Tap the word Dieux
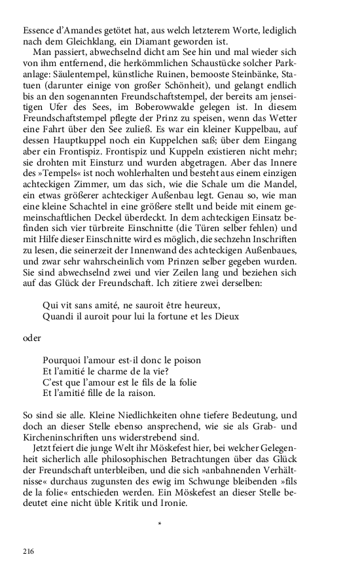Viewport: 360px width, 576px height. (x=226, y=317)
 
